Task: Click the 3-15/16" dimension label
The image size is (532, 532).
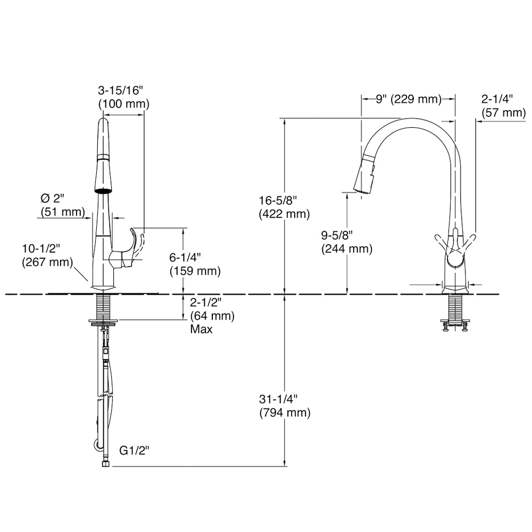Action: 121,91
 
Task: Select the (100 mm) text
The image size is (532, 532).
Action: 121,104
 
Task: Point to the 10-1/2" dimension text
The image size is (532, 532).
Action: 40,248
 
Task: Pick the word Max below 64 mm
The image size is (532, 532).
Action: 201,329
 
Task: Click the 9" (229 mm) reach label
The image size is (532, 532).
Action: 408,98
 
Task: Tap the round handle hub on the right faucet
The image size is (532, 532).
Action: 454,260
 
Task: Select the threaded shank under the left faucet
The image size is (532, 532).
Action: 104,306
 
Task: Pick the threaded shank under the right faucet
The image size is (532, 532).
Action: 454,309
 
